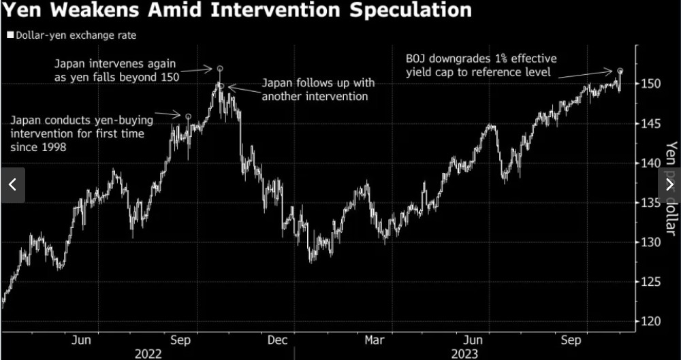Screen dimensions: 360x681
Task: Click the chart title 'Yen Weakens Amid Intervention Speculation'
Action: tap(236, 11)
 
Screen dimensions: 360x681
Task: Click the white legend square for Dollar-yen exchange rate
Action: tap(10, 35)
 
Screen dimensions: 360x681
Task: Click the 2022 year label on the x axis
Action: tap(148, 353)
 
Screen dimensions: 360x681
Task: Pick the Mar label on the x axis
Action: tap(375, 340)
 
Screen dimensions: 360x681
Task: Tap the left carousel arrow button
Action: tap(12, 184)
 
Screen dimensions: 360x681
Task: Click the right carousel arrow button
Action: tap(669, 184)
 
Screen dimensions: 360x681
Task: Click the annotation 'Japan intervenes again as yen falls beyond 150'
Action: tap(116, 70)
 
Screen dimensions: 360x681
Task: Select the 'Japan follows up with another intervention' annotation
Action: tap(317, 90)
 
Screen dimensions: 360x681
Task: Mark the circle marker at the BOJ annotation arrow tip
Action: tap(620, 71)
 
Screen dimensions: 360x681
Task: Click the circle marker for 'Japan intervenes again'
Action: tap(220, 69)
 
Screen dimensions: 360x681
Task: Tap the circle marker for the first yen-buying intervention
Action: tap(188, 116)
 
